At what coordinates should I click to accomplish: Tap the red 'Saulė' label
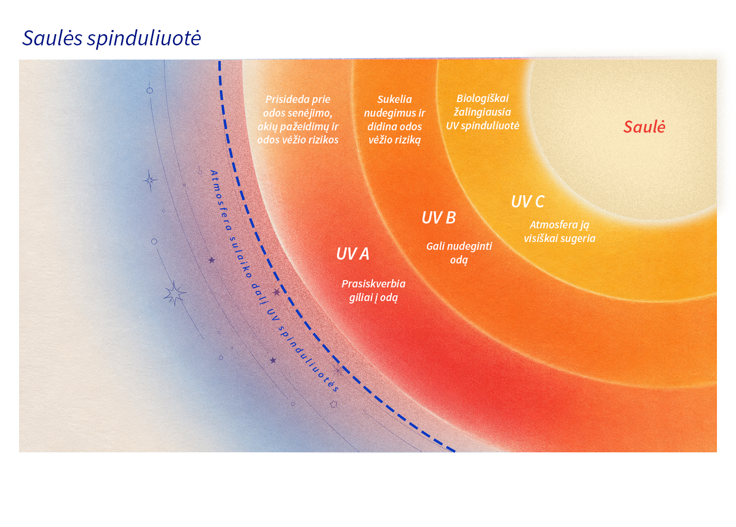pyautogui.click(x=644, y=127)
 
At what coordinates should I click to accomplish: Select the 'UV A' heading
pyautogui.click(x=353, y=254)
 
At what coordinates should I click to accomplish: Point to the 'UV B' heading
pyautogui.click(x=439, y=218)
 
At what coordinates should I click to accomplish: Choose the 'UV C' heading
pyautogui.click(x=527, y=201)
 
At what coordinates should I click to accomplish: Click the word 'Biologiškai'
pyautogui.click(x=483, y=98)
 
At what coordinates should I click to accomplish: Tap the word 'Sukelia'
pyautogui.click(x=394, y=99)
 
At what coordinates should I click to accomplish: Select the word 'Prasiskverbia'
pyautogui.click(x=373, y=284)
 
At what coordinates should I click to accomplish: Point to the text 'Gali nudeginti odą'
pyautogui.click(x=459, y=253)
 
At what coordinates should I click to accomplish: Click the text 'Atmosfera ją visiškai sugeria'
pyautogui.click(x=560, y=231)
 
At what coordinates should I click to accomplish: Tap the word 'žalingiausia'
pyautogui.click(x=483, y=112)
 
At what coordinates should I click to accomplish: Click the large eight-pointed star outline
pyautogui.click(x=175, y=293)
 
